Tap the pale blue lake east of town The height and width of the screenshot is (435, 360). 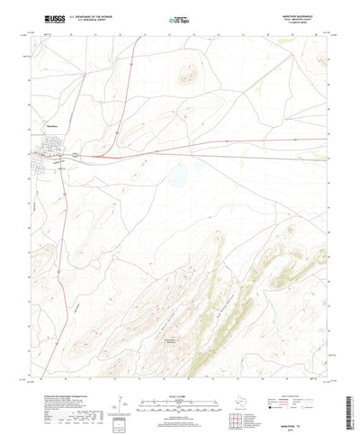pyautogui.click(x=178, y=168)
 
